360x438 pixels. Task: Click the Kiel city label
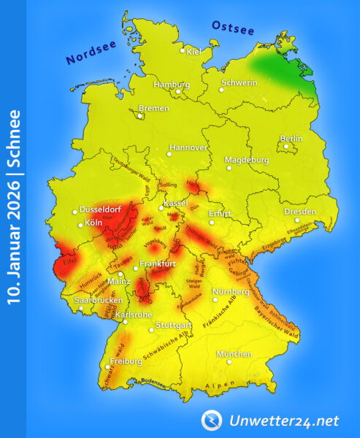(194, 51)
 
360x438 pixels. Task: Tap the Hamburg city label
(172, 84)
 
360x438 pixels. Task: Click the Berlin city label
(291, 139)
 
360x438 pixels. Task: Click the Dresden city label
(300, 212)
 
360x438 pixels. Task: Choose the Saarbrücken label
(99, 300)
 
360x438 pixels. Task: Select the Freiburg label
(125, 361)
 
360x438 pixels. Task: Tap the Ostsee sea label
(233, 28)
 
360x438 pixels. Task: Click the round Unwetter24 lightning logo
(212, 419)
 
